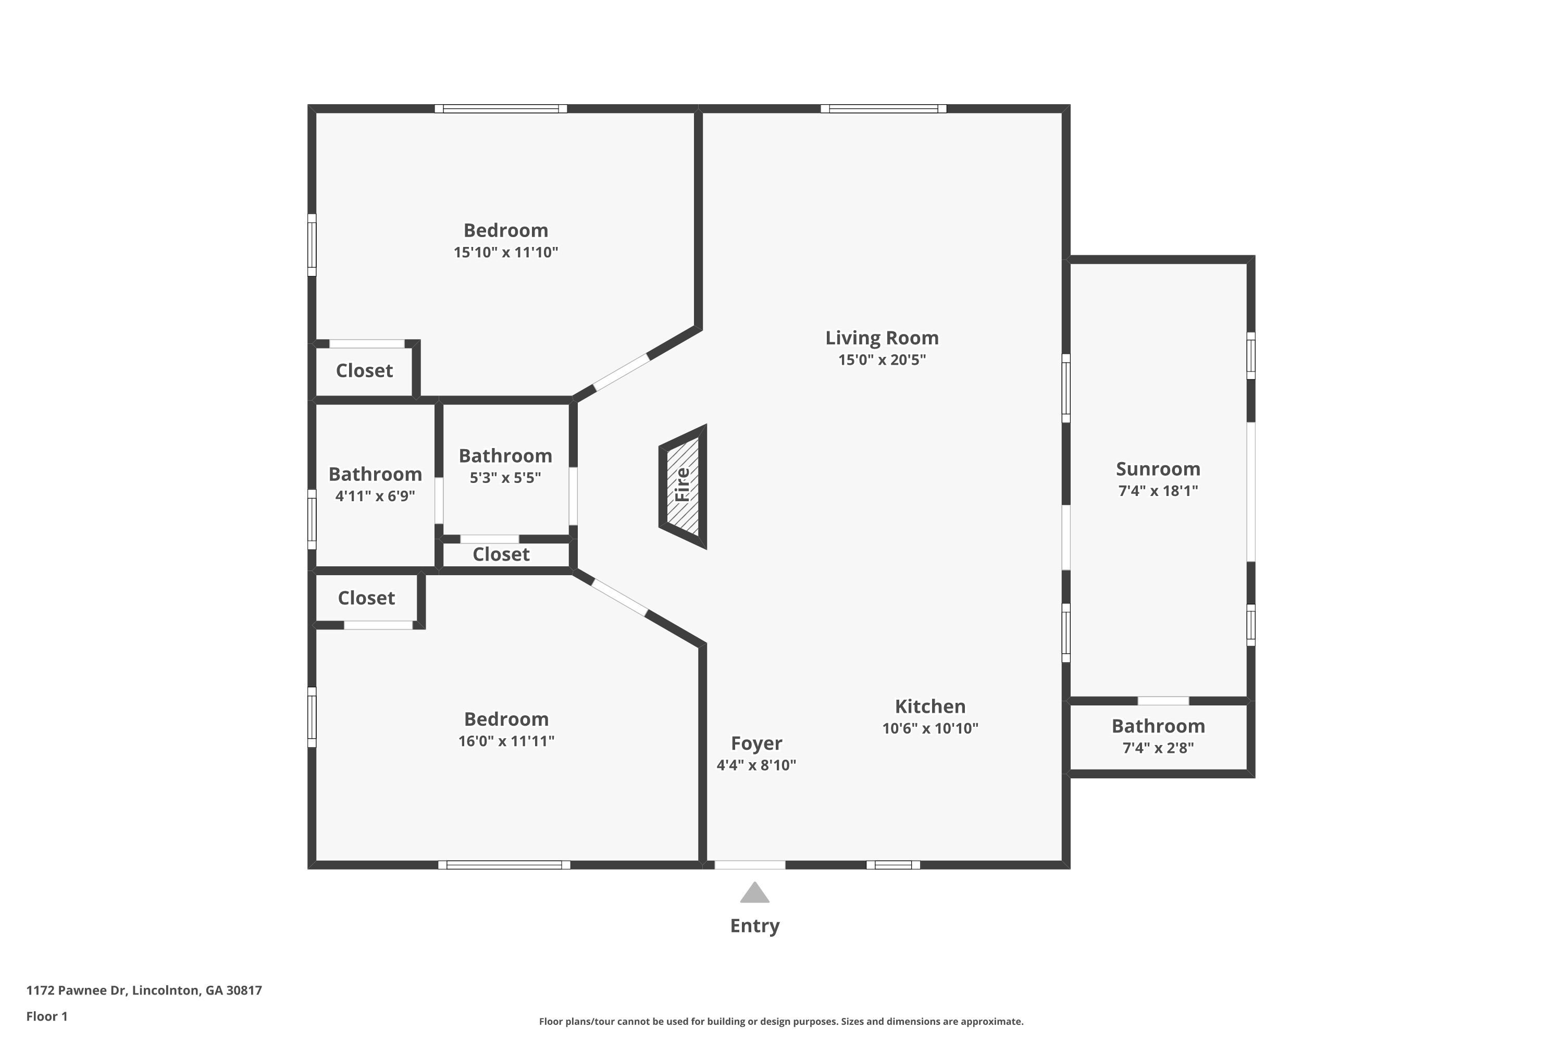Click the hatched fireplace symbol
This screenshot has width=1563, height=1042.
point(683,487)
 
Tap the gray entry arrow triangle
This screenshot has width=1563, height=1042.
point(754,892)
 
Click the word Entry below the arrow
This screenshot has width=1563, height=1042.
point(754,926)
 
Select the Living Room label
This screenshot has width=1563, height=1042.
point(882,338)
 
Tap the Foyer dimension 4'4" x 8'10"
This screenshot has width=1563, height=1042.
point(756,765)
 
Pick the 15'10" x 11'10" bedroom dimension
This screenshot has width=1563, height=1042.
point(506,253)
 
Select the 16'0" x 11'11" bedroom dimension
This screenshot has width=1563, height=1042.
point(506,741)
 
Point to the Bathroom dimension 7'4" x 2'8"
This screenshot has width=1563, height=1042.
point(1158,748)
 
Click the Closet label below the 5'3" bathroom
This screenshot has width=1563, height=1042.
point(501,554)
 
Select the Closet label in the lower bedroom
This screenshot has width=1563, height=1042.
point(366,598)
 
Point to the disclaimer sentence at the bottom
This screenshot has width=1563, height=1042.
point(781,1021)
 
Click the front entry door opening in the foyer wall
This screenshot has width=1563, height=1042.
point(750,864)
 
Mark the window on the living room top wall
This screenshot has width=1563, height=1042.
point(883,108)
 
